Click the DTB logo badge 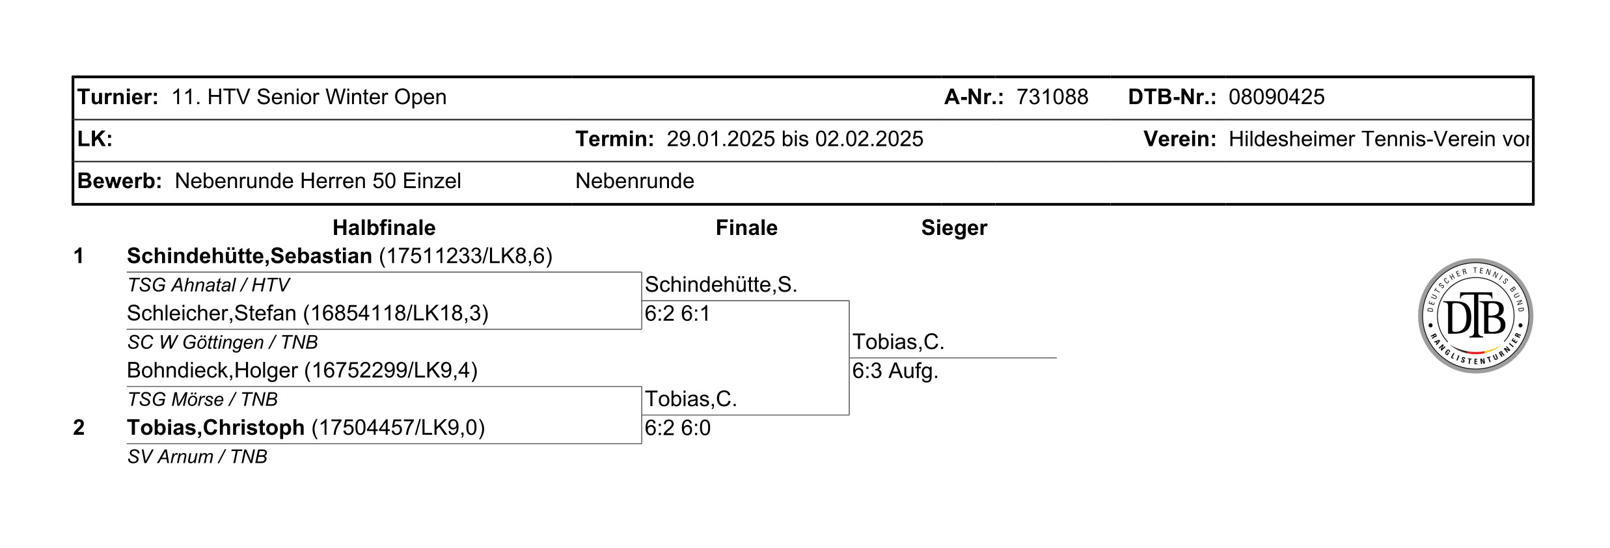coord(1475,316)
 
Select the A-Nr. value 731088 coord(1052,97)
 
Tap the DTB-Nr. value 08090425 coord(1276,97)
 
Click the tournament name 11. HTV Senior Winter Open coord(309,98)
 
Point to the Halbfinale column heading coord(384,228)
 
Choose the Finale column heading coord(746,228)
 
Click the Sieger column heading coord(954,228)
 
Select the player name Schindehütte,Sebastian coord(249,256)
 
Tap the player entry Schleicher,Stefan coord(308,314)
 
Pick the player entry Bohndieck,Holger coord(302,370)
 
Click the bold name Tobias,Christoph coord(215,428)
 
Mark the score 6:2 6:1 coord(677,314)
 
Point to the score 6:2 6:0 coord(677,428)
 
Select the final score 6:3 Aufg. coord(895,371)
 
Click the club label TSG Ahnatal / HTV coord(208,285)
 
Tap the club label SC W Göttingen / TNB coord(223,342)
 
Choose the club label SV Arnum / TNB coord(197,457)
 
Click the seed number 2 coord(79,428)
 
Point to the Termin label coord(614,139)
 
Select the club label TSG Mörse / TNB coord(202,400)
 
